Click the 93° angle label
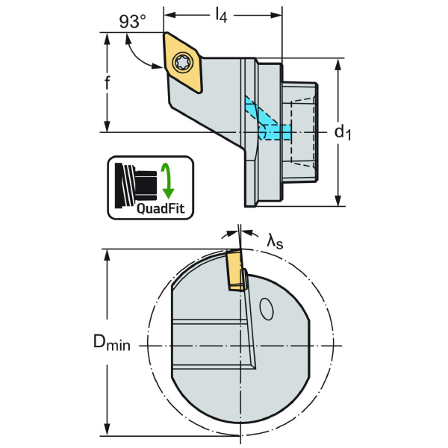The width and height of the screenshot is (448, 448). coord(131,22)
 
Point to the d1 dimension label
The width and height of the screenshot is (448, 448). coord(342,132)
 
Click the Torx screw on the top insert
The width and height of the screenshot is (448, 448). coord(182,63)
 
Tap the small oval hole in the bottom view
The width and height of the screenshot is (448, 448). coord(266,308)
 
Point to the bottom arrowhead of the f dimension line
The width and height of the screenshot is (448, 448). coord(108,128)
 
